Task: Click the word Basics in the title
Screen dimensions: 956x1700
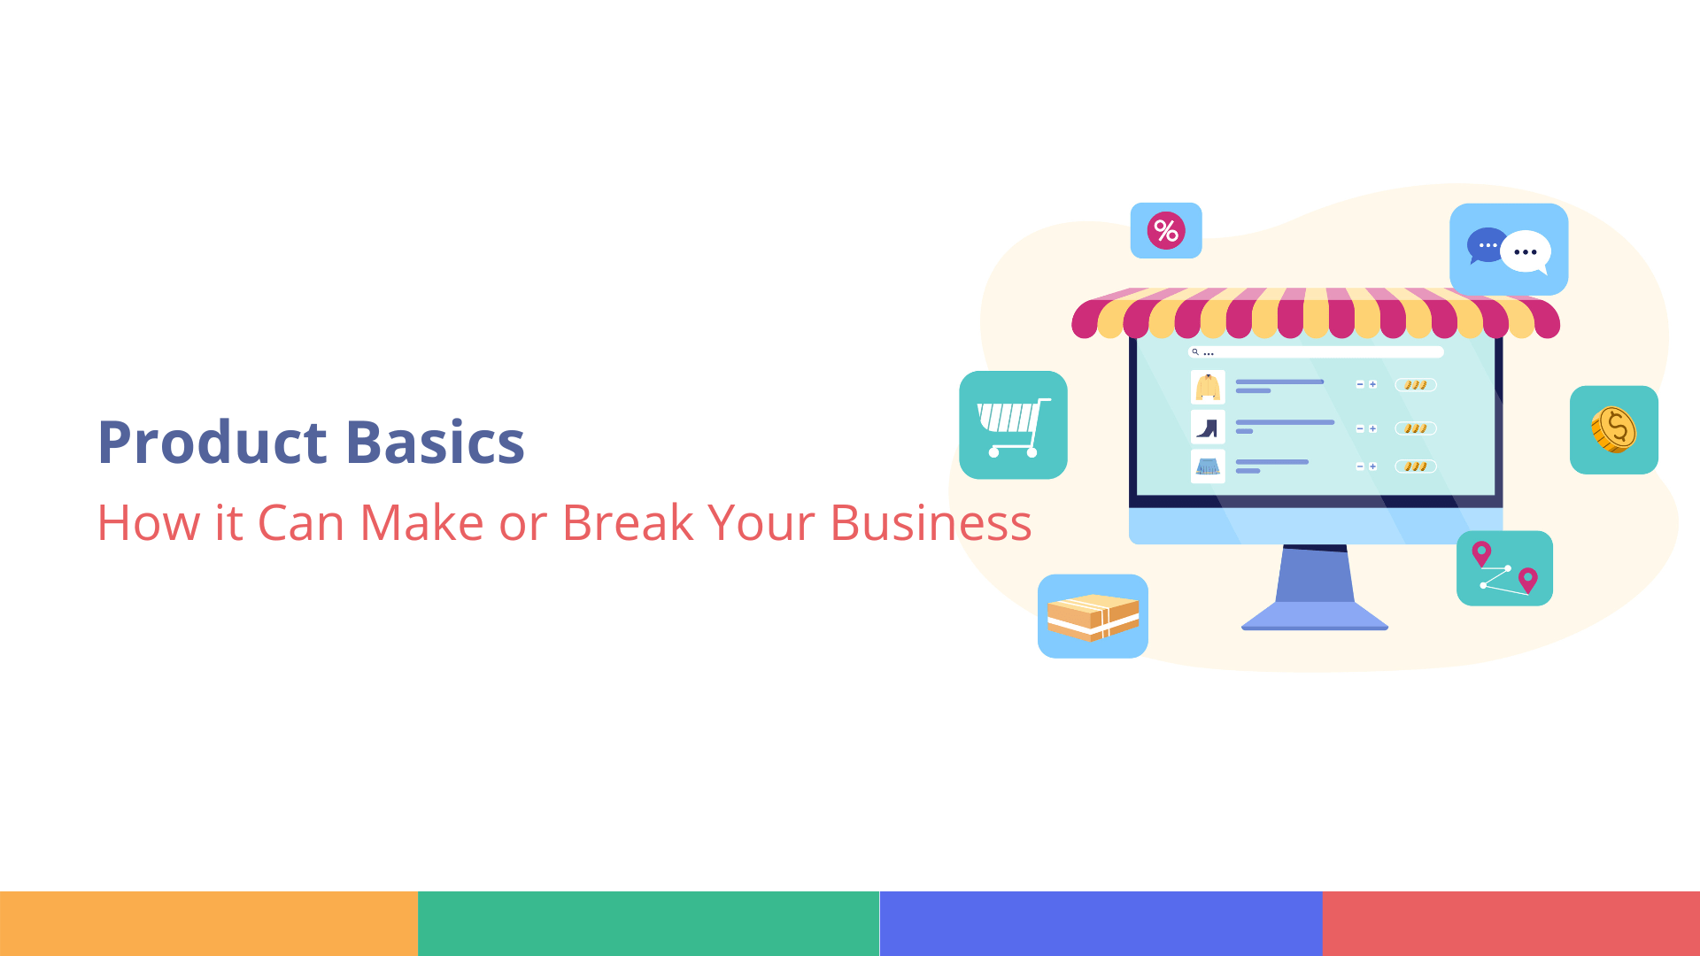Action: click(x=435, y=442)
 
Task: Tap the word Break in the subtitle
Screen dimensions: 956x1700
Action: click(x=627, y=522)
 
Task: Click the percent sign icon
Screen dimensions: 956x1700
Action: click(x=1166, y=231)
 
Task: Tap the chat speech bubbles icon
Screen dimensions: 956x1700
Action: click(x=1509, y=250)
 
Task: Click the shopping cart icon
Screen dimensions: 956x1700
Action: click(x=1013, y=426)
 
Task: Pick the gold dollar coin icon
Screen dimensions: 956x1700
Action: click(x=1613, y=430)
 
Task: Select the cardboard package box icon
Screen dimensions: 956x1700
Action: click(x=1093, y=616)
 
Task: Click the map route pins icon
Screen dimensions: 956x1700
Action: click(x=1504, y=568)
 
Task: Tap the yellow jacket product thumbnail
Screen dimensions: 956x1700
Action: click(x=1208, y=387)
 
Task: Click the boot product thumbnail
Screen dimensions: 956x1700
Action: click(x=1208, y=428)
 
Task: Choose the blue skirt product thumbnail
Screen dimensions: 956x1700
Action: click(x=1208, y=466)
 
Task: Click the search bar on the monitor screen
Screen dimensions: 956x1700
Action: click(x=1316, y=352)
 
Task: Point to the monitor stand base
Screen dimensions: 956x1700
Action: click(x=1315, y=616)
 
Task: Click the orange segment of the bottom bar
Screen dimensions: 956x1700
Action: click(x=209, y=923)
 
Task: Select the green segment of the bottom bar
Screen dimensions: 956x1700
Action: click(x=648, y=923)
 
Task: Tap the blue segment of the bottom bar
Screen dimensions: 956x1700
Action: click(x=1101, y=923)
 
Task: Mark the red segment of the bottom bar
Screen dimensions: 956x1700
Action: click(x=1511, y=923)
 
